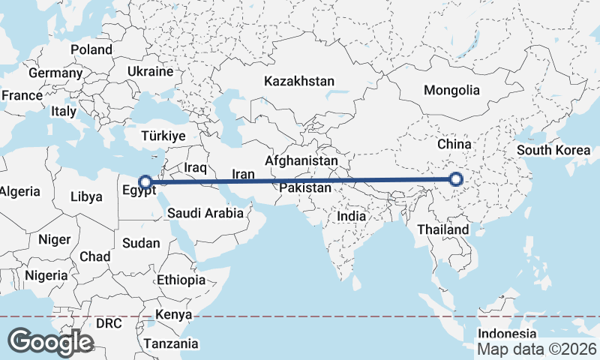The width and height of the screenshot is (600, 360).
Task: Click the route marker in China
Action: point(456,179)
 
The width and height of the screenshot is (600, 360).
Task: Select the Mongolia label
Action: point(451,90)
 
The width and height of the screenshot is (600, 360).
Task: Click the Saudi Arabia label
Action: point(205,213)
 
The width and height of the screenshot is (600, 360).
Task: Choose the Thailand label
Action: point(444,229)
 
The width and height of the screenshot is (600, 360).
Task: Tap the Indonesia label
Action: point(508,333)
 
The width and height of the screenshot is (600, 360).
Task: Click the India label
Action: point(351,216)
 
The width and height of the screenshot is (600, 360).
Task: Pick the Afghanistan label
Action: point(301,160)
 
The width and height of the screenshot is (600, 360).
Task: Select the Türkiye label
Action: point(163,136)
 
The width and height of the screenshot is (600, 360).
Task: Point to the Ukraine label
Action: point(150,72)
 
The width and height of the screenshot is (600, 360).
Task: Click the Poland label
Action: point(91,49)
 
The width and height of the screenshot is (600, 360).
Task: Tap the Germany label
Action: point(55,73)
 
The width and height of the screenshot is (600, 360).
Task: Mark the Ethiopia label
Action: point(181,280)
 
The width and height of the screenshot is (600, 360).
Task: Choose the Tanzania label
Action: point(172,343)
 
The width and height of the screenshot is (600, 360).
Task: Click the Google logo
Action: point(50,342)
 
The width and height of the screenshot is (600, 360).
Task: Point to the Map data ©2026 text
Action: point(537,349)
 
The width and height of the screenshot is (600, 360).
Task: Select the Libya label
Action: point(85,197)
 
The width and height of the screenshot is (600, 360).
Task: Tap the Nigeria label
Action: point(46,275)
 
